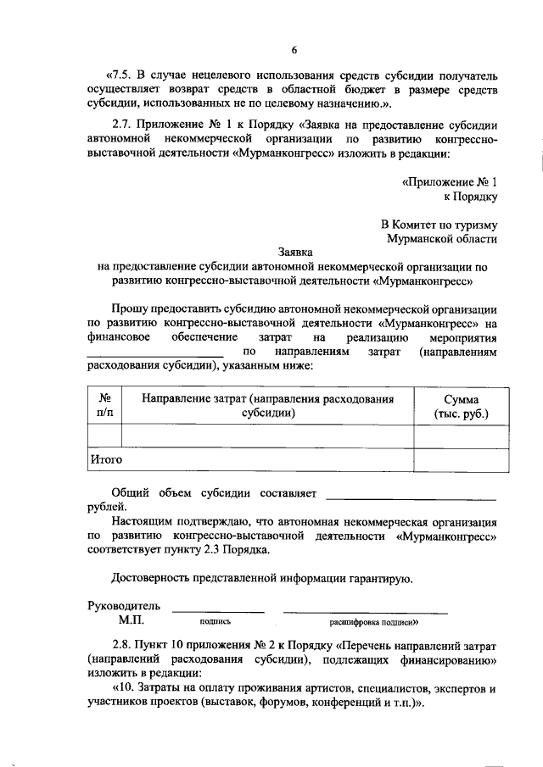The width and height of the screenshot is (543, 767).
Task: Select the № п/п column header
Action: (105, 406)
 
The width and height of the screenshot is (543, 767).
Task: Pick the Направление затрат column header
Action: (267, 406)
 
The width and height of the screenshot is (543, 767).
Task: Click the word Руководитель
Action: (123, 607)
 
